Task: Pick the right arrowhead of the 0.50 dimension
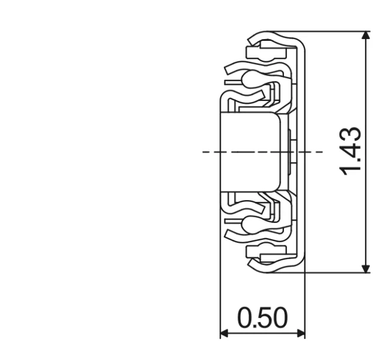pos(300,333)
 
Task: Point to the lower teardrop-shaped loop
pos(248,227)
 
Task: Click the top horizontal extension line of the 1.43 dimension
pos(337,31)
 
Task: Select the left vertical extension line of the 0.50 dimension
pos(220,288)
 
